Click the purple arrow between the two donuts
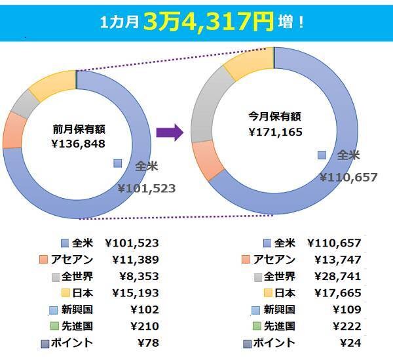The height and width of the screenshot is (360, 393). coord(170,132)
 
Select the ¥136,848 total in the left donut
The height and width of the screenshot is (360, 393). coord(79,143)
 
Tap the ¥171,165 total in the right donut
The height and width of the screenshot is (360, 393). coord(274,132)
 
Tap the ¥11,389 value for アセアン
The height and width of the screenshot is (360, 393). coord(135,260)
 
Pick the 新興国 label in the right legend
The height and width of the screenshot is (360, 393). coord(280,309)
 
